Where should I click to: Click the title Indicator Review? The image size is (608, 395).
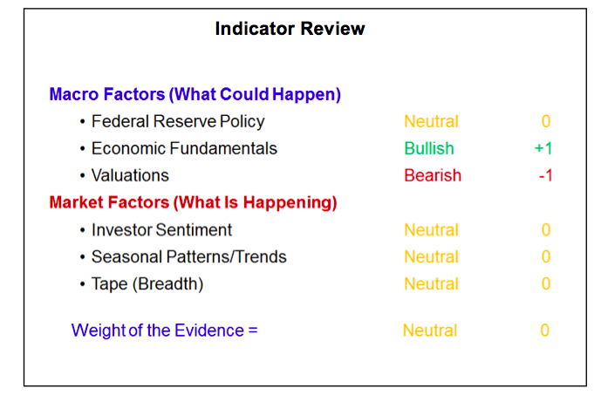click(x=290, y=29)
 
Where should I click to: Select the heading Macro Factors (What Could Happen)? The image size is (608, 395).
click(x=195, y=94)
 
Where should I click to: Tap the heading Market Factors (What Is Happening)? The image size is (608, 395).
click(x=193, y=203)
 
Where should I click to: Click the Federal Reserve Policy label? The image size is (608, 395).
click(x=178, y=122)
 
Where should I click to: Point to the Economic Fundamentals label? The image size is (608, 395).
click(x=184, y=148)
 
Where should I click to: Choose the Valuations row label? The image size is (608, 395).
click(x=130, y=175)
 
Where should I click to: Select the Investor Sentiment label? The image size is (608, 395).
click(x=161, y=230)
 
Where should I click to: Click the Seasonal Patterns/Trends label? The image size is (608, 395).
click(x=188, y=257)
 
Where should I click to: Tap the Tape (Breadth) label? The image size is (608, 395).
click(x=147, y=284)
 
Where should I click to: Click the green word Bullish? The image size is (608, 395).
click(x=429, y=148)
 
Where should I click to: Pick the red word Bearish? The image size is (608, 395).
click(x=433, y=175)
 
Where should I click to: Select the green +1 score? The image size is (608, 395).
click(x=543, y=148)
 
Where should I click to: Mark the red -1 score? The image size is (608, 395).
click(x=545, y=175)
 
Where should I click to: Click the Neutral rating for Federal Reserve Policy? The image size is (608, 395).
click(x=431, y=122)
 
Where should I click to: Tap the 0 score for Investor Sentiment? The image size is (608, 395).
click(x=546, y=230)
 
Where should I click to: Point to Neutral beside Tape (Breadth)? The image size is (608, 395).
click(x=431, y=284)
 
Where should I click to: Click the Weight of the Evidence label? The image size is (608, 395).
click(x=164, y=330)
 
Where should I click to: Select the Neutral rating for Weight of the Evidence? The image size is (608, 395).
click(x=430, y=330)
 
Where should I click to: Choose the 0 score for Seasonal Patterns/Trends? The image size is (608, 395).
click(x=546, y=257)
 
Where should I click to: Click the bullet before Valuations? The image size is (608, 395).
click(x=82, y=176)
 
